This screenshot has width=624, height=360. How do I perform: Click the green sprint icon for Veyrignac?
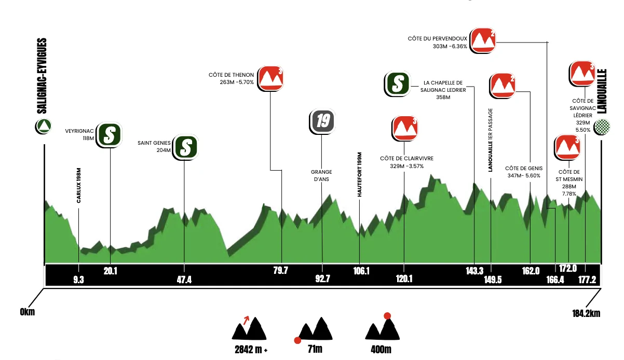coord(109,135)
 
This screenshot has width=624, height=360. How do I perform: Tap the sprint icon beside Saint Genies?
coord(185,147)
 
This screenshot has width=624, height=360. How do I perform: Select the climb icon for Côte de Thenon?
coord(270,78)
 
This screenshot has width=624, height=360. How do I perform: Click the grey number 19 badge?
coord(322,121)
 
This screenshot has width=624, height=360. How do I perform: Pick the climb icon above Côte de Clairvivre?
coord(405,129)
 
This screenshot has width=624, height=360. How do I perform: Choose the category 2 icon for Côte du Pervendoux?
coord(483,40)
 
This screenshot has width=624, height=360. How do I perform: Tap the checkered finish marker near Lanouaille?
coord(602,127)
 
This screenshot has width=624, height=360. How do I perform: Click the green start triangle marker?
coord(44,126)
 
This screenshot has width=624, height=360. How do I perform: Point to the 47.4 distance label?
coord(184,280)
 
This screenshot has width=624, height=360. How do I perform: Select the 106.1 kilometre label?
coord(361,271)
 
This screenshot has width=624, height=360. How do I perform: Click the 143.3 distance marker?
coord(474,271)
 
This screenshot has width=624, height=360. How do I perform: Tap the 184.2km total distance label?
coord(586,313)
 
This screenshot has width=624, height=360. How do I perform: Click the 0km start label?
coord(28,312)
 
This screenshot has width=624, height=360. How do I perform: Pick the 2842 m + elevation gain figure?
coord(251,350)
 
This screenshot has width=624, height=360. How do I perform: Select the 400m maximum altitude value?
coord(381,350)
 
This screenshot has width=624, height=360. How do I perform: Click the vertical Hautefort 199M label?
coord(359,175)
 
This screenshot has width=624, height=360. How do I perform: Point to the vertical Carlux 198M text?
coord(78,185)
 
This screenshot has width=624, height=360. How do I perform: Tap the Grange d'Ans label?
coord(321,176)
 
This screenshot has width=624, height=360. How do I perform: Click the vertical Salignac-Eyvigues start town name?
coord(42,76)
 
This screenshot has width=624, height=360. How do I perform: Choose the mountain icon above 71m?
coord(314,329)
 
